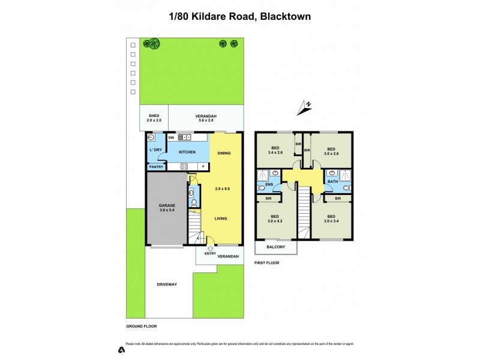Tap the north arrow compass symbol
[304, 107]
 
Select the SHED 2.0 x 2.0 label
[154, 118]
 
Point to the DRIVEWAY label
[167, 284]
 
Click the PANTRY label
[156, 167]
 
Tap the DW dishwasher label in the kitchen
[171, 137]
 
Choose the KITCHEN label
[188, 152]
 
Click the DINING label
[224, 153]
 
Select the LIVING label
[221, 218]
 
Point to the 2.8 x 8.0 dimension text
[222, 189]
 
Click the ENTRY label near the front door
[210, 253]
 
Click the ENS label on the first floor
[260, 185]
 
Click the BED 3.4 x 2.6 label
[275, 151]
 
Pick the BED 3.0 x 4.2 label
[275, 220]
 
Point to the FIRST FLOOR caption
[267, 263]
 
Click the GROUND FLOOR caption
[141, 326]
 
